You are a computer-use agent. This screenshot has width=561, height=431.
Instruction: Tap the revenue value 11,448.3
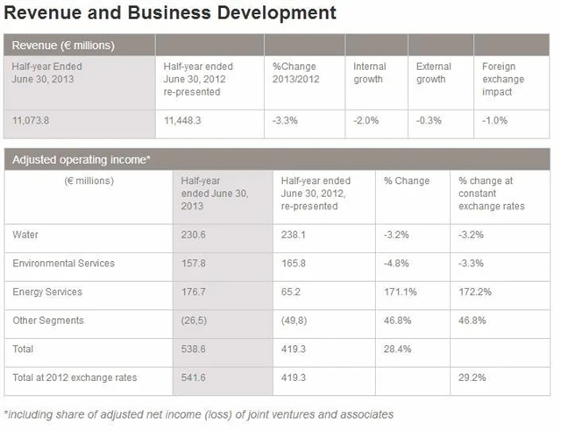coord(183,120)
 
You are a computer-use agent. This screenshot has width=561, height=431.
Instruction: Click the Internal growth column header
coord(368,73)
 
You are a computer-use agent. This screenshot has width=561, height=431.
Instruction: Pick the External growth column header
coord(433,73)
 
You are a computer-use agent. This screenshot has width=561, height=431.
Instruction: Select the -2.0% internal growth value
coord(366,120)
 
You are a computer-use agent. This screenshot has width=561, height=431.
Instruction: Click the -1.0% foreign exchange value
coord(495,120)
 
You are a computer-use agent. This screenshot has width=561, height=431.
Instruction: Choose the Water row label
coord(26,235)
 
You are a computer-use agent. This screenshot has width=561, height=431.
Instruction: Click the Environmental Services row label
coord(64,263)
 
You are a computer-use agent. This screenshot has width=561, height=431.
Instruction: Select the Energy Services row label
coord(48,292)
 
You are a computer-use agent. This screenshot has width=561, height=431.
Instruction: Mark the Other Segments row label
coord(49,320)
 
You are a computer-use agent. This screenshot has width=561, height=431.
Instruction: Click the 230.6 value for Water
coord(195,235)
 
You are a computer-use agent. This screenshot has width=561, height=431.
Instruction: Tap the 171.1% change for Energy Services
coord(400,292)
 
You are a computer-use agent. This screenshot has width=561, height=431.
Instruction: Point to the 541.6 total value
coord(195,378)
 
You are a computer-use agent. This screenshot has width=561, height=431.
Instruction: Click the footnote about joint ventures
coord(199,413)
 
